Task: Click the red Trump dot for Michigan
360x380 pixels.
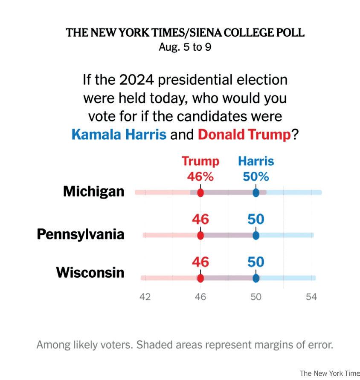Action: click(x=200, y=193)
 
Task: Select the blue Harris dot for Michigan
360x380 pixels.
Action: click(x=256, y=193)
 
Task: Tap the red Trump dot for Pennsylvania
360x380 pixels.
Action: click(x=200, y=235)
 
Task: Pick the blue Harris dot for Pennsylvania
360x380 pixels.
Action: click(x=256, y=235)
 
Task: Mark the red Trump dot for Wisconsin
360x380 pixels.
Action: click(x=200, y=278)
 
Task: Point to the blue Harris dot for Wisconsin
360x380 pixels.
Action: click(x=256, y=278)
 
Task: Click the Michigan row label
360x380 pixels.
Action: click(x=94, y=191)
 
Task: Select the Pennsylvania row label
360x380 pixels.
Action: click(x=81, y=234)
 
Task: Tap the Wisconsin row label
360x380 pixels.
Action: click(x=90, y=272)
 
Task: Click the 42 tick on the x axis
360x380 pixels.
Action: click(x=145, y=297)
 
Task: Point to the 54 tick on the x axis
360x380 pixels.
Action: click(x=311, y=297)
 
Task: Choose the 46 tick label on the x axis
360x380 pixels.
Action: click(x=200, y=297)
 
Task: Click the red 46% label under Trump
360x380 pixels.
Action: click(x=200, y=176)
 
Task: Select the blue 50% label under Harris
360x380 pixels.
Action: click(x=256, y=176)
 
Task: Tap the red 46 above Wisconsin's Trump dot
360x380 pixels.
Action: click(x=200, y=262)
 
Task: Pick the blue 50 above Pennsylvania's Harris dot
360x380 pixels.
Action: click(x=256, y=219)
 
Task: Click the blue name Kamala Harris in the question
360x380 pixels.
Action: click(x=119, y=135)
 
